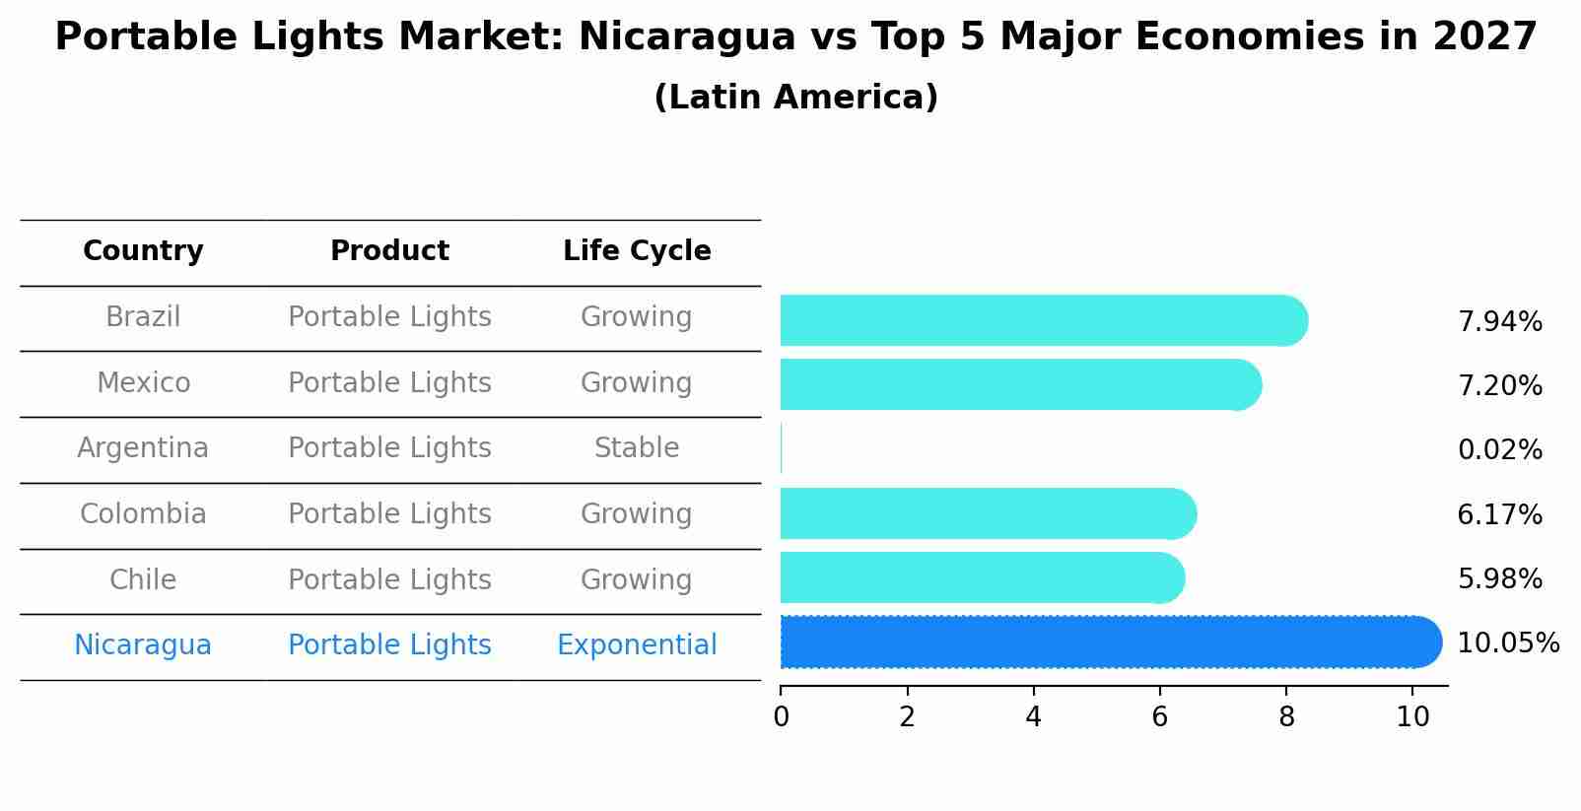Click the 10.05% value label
[x=1507, y=643]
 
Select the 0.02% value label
[x=1499, y=450]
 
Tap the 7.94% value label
[x=1499, y=322]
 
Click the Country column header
[x=143, y=251]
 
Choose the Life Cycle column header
[x=637, y=251]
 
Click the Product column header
[x=389, y=251]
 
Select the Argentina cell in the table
[x=143, y=448]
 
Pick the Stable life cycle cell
[x=637, y=448]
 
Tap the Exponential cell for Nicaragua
[x=637, y=645]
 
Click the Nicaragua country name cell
[x=143, y=645]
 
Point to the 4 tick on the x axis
[x=1033, y=717]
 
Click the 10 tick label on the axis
[x=1412, y=717]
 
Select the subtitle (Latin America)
[x=795, y=98]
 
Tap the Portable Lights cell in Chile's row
[x=389, y=579]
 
